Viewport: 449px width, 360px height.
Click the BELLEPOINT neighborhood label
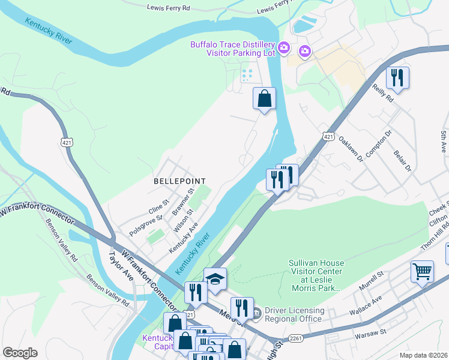179,181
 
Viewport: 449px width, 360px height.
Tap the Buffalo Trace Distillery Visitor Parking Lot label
232,49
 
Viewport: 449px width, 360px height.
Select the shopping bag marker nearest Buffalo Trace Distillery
264,98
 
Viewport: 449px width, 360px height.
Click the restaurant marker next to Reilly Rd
397,77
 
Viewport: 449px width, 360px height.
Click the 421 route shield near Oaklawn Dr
328,137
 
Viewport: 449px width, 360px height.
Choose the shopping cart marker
422,271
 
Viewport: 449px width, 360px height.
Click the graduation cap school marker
215,278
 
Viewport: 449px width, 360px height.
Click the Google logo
20,352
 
